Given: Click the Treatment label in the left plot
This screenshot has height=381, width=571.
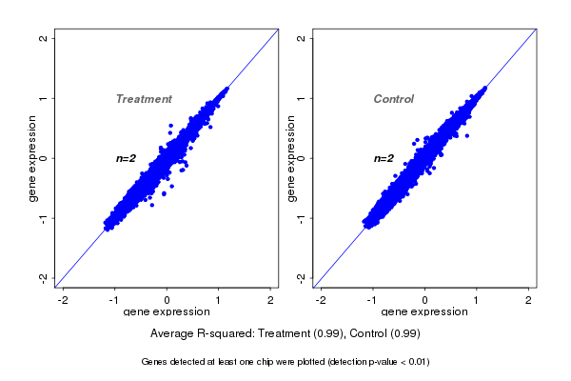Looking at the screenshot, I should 144,99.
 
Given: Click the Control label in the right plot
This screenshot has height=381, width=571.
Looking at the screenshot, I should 394,99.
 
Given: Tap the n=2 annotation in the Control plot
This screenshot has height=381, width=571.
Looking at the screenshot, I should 384,158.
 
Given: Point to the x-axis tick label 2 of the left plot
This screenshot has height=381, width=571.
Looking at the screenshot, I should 271,301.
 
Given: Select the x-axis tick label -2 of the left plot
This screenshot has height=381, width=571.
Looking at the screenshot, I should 63,301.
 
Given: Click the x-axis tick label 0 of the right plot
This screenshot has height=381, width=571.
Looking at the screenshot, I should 425,301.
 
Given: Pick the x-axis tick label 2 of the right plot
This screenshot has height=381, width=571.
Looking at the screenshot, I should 529,301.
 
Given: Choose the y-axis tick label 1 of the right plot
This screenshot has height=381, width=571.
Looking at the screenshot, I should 302,98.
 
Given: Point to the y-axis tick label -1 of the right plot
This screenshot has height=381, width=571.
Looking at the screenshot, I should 302,217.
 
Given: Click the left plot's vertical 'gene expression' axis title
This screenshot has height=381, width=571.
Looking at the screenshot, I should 33,158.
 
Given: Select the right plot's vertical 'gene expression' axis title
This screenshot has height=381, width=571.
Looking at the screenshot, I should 291,158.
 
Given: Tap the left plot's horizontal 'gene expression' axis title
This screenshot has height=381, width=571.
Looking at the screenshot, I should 167,312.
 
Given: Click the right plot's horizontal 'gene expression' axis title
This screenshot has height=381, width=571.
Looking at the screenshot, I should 424,312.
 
